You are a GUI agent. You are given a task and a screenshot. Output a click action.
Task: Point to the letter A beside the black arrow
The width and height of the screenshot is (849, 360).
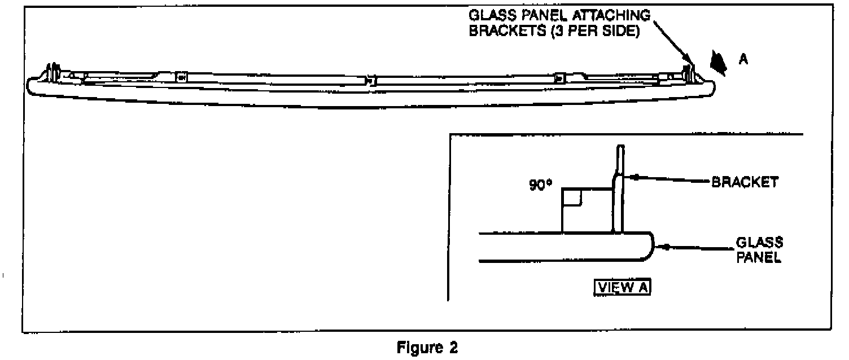point(743,60)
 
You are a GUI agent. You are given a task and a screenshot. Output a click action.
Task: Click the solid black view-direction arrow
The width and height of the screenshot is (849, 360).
point(719,63)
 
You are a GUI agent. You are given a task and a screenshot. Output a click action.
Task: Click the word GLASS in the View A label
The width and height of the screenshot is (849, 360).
point(759,243)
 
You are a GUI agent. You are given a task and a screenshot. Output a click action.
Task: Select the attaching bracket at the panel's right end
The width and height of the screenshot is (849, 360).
point(688,71)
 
